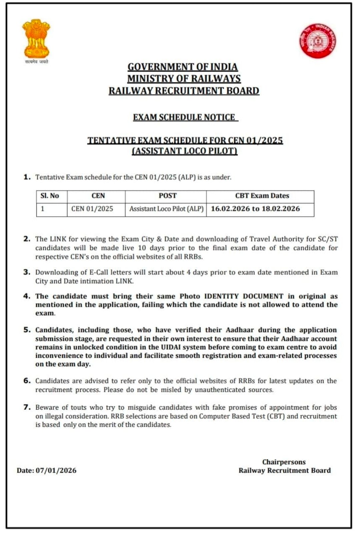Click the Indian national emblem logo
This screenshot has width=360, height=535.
(x=36, y=38)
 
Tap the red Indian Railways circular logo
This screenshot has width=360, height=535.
(x=317, y=41)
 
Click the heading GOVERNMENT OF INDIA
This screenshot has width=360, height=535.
(x=183, y=67)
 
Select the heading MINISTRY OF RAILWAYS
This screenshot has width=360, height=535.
(x=184, y=79)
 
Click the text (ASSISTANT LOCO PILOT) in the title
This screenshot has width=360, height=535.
(x=185, y=151)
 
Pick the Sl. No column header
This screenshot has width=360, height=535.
(x=50, y=196)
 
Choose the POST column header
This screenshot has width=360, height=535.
(x=168, y=196)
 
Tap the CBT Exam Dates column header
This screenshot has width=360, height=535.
(x=262, y=196)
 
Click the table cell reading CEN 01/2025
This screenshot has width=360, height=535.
(x=92, y=209)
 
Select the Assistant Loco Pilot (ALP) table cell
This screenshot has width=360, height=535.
(x=166, y=209)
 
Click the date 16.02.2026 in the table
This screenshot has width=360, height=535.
(x=230, y=209)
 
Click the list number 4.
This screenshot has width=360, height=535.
(x=27, y=296)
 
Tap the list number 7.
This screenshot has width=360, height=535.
(x=27, y=407)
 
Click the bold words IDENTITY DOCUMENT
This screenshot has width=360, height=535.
(x=244, y=296)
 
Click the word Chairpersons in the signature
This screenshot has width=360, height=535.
(x=284, y=462)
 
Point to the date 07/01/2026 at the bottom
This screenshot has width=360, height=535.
(x=56, y=471)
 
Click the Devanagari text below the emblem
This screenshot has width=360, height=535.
(x=37, y=62)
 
